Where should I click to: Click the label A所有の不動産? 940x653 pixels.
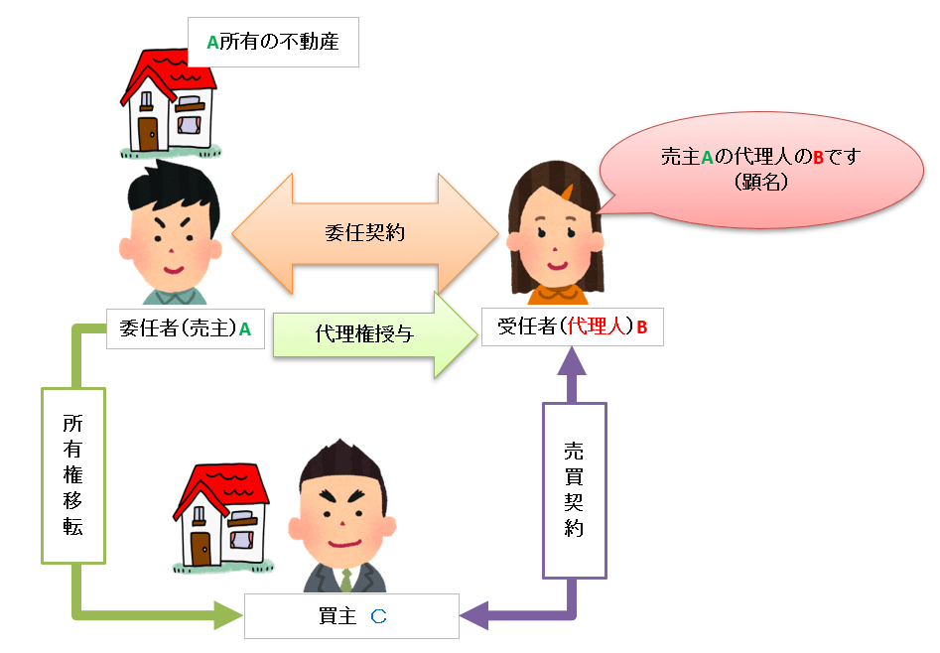273,42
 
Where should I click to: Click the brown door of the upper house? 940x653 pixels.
149,133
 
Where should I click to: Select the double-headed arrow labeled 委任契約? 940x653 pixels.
364,234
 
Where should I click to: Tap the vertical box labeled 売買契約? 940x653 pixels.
574,488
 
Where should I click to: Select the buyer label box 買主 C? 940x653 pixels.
351,616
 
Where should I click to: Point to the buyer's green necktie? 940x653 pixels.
345,580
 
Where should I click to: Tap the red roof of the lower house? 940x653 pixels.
223,483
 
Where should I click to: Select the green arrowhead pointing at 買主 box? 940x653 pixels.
228,615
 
